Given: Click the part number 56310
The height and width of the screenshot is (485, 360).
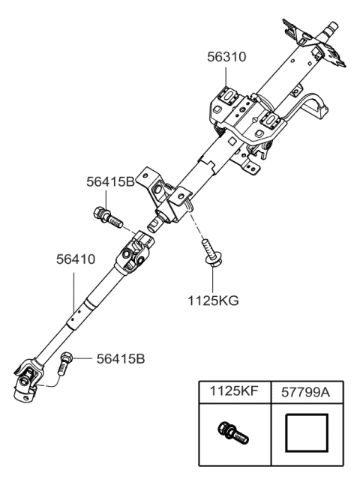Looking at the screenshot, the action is click(226, 57).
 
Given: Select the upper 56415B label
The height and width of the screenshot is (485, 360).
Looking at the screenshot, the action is click(110, 182).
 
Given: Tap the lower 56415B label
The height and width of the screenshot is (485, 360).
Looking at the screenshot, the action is click(121, 359).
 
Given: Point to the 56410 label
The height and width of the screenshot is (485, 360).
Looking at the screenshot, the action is click(76, 259).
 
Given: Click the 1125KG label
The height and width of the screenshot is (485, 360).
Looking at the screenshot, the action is click(214, 301).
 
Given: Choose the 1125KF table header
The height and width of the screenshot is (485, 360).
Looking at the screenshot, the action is click(234, 391).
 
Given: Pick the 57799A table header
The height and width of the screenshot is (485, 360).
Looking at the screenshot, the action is click(305, 392).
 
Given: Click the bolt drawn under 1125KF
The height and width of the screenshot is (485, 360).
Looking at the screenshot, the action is click(233, 433).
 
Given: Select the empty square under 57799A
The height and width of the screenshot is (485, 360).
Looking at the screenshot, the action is click(306, 433).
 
